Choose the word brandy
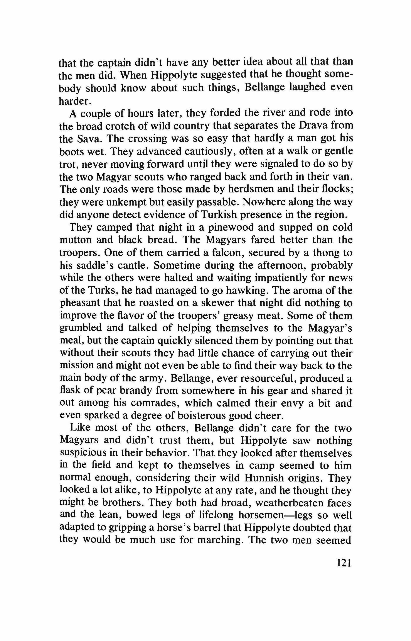[x=136, y=391]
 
